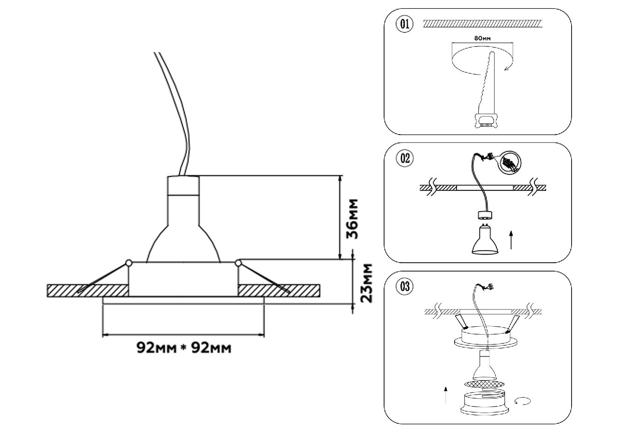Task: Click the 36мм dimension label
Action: tap(353, 218)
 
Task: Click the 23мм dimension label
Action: tap(367, 283)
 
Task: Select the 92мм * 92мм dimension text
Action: tap(183, 348)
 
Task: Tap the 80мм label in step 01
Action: tap(483, 39)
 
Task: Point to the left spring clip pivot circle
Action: tap(129, 264)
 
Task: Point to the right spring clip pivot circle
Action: tap(239, 264)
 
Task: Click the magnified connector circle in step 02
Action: tap(510, 163)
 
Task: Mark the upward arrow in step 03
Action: tap(446, 394)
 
